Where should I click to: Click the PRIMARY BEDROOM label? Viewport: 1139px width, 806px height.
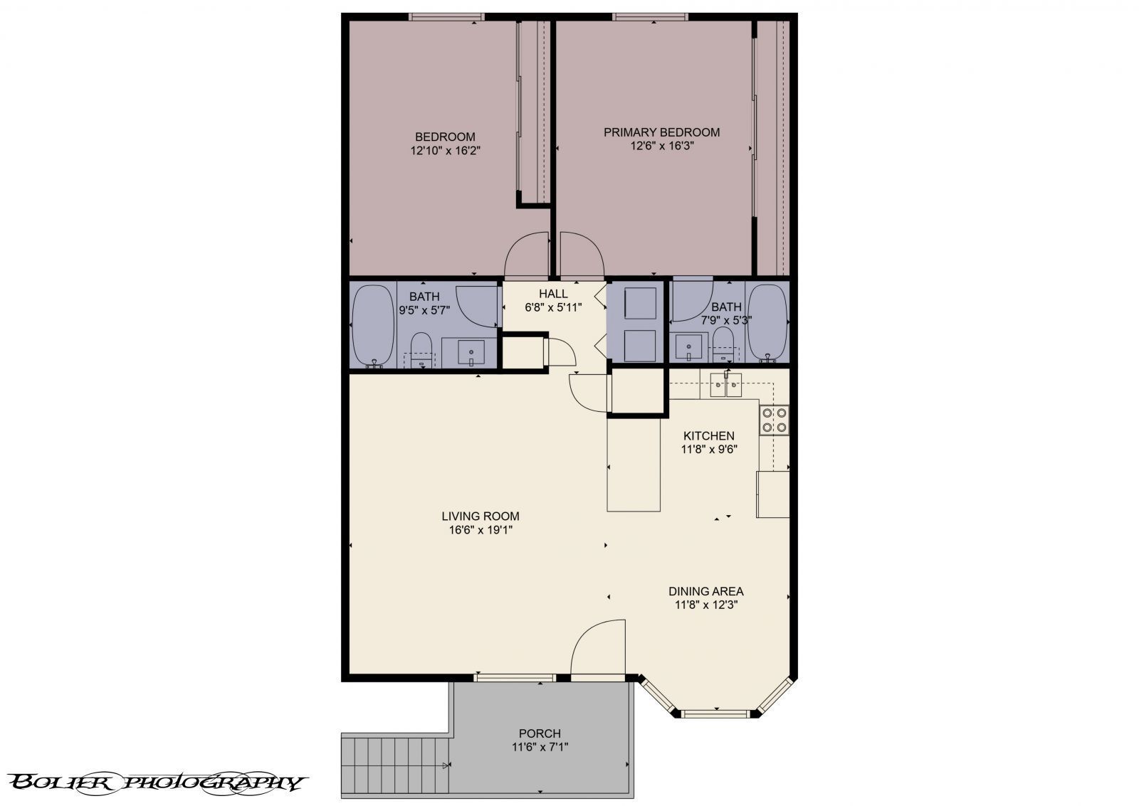pyautogui.click(x=661, y=132)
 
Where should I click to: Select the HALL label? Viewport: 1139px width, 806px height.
pyautogui.click(x=553, y=294)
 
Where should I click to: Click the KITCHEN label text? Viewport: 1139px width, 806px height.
pyautogui.click(x=708, y=436)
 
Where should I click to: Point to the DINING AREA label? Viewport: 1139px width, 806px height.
pyautogui.click(x=705, y=591)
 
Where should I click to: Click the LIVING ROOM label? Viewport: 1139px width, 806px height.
pyautogui.click(x=480, y=516)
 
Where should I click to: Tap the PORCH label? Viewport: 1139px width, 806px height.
pyautogui.click(x=540, y=733)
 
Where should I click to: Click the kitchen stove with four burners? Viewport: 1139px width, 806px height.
pyautogui.click(x=774, y=420)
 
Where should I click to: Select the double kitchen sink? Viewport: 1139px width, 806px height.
pyautogui.click(x=726, y=386)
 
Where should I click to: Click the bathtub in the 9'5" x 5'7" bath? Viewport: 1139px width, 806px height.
pyautogui.click(x=373, y=324)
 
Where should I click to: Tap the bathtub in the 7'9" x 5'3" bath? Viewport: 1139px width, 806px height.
pyautogui.click(x=768, y=323)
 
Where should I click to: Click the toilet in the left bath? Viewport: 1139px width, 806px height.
pyautogui.click(x=421, y=349)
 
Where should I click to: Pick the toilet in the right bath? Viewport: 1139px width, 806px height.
pyautogui.click(x=723, y=344)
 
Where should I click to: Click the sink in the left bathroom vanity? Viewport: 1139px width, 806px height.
pyautogui.click(x=471, y=352)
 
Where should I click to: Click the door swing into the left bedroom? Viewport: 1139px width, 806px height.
pyautogui.click(x=525, y=258)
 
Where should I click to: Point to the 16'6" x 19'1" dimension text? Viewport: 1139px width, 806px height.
pyautogui.click(x=480, y=530)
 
